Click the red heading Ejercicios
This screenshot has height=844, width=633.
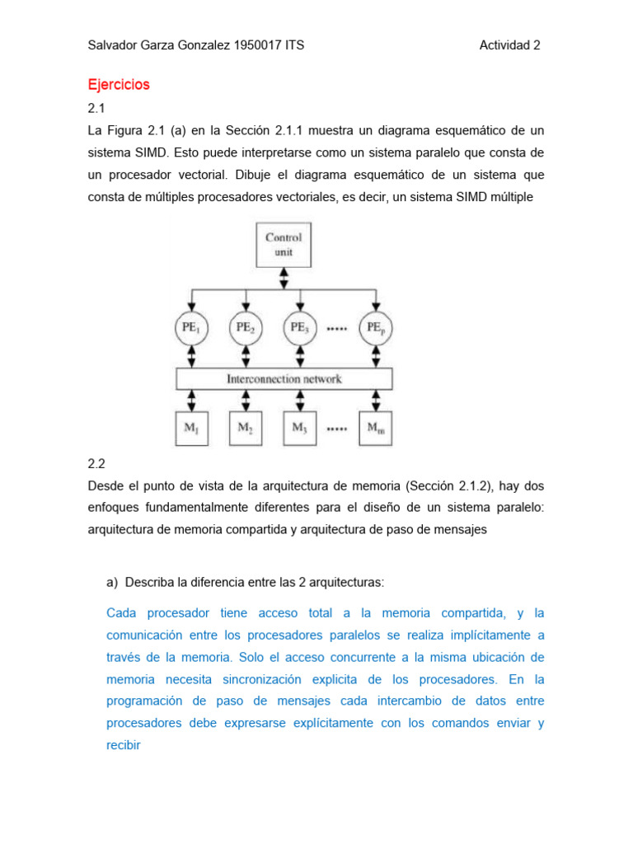click(119, 84)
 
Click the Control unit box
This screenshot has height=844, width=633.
click(284, 245)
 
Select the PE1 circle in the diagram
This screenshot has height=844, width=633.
click(191, 327)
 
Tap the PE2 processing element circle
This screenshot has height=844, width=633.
click(245, 327)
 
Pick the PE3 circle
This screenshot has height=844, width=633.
click(299, 327)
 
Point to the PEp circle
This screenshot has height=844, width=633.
click(375, 327)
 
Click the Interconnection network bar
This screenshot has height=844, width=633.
click(284, 379)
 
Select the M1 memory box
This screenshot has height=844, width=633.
click(191, 428)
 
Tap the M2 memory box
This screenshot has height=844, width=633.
click(245, 428)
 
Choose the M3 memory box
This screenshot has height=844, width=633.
click(299, 428)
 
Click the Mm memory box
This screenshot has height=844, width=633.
click(375, 428)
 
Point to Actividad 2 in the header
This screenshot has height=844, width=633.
click(509, 45)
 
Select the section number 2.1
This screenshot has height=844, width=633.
click(97, 108)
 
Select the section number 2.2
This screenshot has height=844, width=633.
click(97, 464)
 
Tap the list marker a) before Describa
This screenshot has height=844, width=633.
click(114, 582)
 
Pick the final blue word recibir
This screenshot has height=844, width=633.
click(124, 745)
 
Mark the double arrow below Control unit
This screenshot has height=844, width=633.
click(284, 278)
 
